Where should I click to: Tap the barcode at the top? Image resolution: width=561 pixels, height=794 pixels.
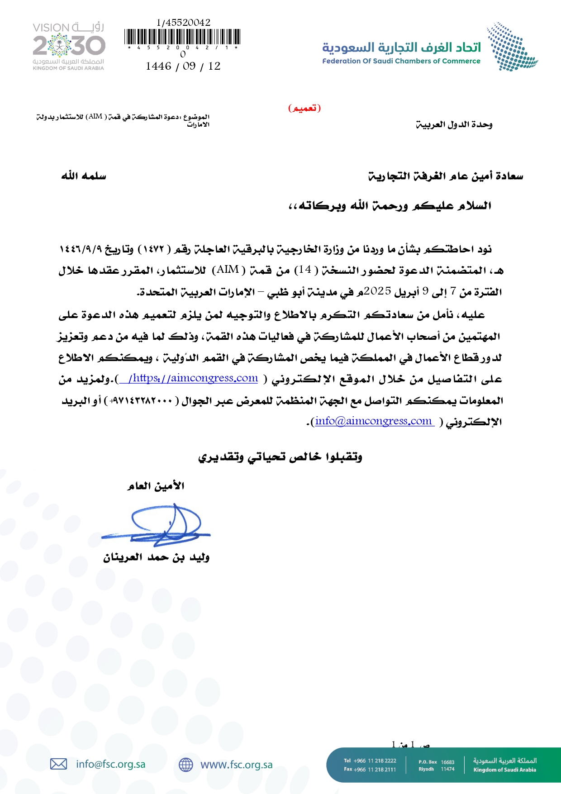(182, 37)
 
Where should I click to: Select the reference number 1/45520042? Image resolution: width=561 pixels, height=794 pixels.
(183, 23)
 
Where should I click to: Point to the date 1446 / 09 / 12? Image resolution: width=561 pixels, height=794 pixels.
(183, 66)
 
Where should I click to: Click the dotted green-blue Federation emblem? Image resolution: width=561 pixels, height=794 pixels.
(511, 47)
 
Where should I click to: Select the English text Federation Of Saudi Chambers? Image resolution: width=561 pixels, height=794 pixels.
(401, 61)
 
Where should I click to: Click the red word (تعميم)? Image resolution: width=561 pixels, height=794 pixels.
(304, 108)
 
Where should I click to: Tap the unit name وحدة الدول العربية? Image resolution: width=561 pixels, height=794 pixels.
(454, 124)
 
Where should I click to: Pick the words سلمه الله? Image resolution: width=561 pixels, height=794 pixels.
(84, 176)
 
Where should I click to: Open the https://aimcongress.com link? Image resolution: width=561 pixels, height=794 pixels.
(193, 378)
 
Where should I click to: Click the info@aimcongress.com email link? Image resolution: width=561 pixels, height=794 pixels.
(373, 421)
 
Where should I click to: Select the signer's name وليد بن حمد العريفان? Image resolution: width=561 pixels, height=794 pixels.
(156, 557)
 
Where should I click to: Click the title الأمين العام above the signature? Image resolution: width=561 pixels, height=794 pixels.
(156, 486)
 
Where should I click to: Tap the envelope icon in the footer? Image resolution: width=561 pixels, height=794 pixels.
(58, 764)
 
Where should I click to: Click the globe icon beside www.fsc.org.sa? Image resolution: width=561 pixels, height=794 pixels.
(185, 765)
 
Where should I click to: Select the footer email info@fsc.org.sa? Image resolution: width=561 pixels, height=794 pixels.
(111, 764)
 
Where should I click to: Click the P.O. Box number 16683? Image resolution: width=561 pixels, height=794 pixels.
(447, 762)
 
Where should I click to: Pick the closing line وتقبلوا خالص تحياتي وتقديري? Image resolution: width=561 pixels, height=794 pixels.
(280, 457)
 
